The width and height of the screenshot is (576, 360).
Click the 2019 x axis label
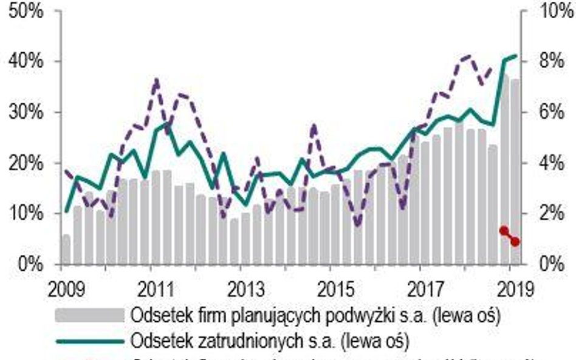[x=510, y=287]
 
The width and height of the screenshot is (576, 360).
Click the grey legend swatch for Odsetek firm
[x=89, y=316]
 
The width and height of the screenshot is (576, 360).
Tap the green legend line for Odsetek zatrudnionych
[x=89, y=341]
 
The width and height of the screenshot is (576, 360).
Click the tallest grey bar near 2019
[x=504, y=170]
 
